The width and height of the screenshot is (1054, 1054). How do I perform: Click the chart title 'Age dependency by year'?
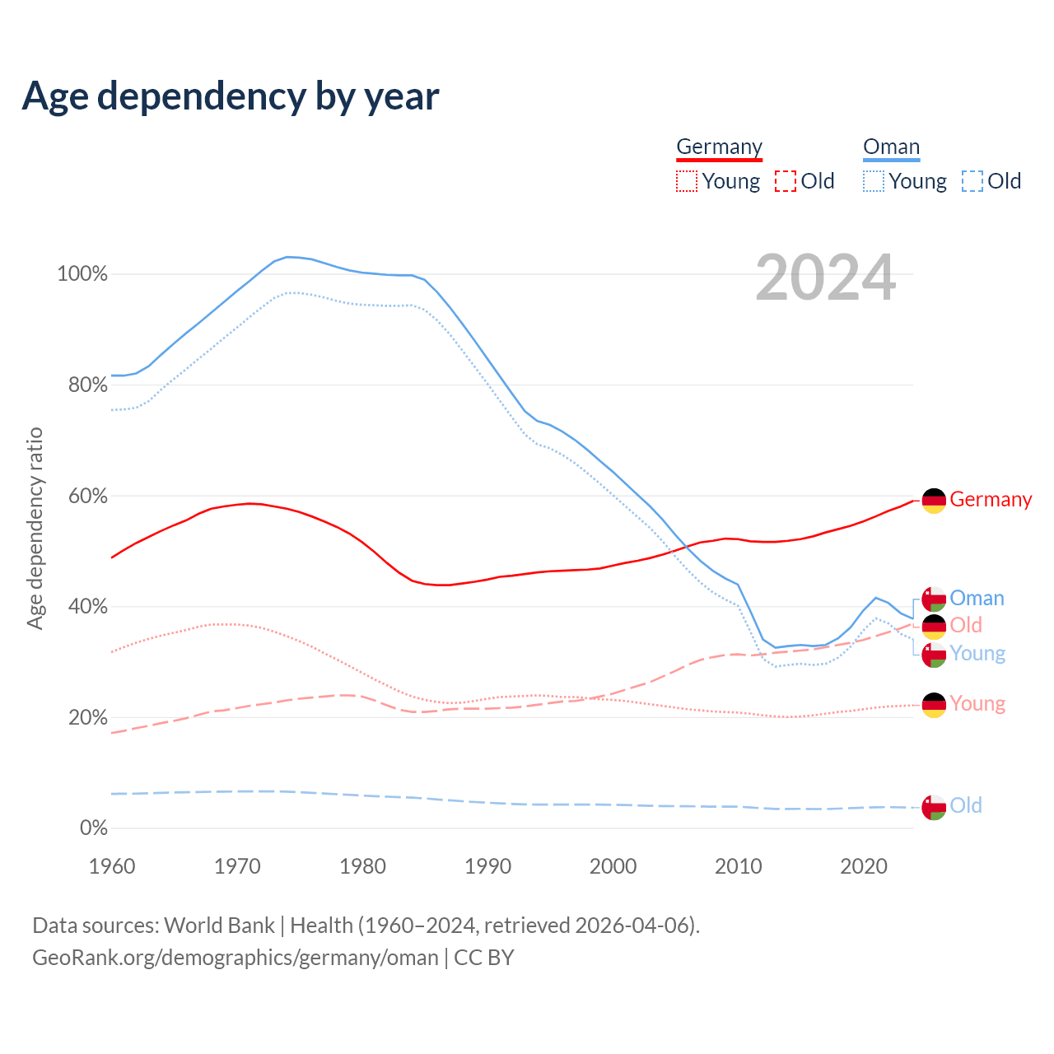[x=231, y=96]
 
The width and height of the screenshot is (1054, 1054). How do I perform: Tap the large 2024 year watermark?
[x=825, y=278]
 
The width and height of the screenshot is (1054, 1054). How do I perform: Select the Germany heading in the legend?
[x=719, y=147]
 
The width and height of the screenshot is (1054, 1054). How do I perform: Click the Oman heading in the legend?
[x=891, y=147]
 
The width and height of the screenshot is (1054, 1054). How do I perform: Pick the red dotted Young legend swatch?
[x=686, y=181]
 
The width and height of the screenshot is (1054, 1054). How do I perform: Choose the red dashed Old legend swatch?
[x=786, y=181]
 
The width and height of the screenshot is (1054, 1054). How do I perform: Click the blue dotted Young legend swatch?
[x=874, y=181]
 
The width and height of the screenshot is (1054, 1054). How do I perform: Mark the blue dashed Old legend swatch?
[x=972, y=181]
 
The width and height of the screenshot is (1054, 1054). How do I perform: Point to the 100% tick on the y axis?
[x=82, y=274]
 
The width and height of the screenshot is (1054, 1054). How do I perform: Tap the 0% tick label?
[x=93, y=828]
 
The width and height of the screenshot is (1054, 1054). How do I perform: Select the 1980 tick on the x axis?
[x=363, y=866]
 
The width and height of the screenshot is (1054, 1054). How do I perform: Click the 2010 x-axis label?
[x=739, y=866]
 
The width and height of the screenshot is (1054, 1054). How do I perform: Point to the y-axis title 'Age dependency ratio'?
[x=35, y=528]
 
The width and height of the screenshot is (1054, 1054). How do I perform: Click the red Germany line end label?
[x=991, y=500]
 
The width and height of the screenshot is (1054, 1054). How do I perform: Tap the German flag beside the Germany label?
[x=934, y=501]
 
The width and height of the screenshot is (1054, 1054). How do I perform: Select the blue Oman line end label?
[x=977, y=599]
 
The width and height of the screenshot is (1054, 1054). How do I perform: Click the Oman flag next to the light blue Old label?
[x=934, y=807]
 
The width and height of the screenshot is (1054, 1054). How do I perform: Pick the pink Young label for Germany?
[x=977, y=704]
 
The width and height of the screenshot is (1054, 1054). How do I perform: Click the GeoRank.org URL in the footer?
[x=236, y=958]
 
